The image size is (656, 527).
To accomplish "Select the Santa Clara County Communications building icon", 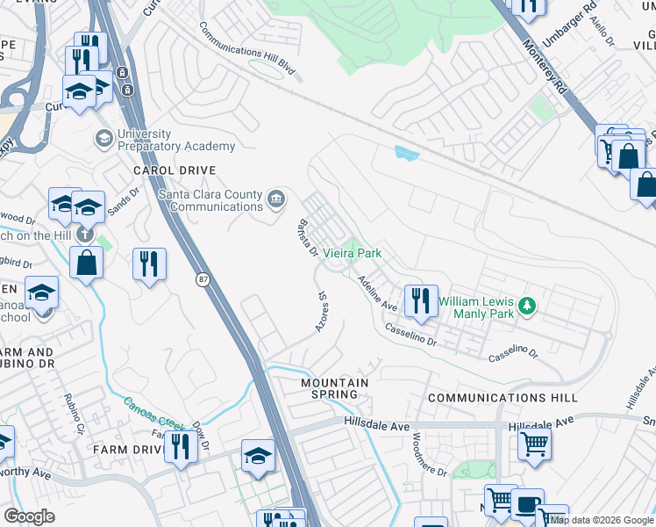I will pyautogui.click(x=277, y=199).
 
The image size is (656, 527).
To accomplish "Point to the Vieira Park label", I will pyautogui.click(x=353, y=253).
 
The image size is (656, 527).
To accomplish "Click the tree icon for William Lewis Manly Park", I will pyautogui.click(x=526, y=305).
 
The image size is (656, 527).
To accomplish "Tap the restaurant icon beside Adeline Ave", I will pyautogui.click(x=421, y=300).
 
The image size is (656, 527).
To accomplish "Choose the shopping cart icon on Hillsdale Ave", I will pyautogui.click(x=534, y=444).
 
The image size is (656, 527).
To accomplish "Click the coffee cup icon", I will pyautogui.click(x=527, y=505).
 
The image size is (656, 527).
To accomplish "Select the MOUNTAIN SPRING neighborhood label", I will pyautogui.click(x=335, y=388).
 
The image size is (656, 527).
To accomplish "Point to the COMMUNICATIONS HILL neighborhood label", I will pyautogui.click(x=503, y=398).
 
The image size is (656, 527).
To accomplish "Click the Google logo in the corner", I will pyautogui.click(x=29, y=516).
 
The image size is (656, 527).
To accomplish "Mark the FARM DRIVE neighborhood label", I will pyautogui.click(x=124, y=450).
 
